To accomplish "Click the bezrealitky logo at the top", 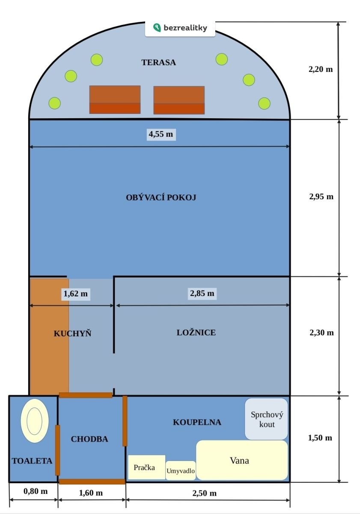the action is click(x=180, y=28).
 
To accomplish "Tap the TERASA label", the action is click(x=158, y=63).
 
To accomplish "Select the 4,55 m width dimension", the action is click(x=161, y=134).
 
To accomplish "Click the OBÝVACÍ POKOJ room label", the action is click(x=161, y=197).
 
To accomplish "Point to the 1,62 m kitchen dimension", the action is click(x=75, y=294).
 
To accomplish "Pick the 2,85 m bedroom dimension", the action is click(x=202, y=293).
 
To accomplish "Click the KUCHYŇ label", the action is click(x=72, y=333).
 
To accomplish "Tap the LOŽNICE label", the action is click(x=196, y=332).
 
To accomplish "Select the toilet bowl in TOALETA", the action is click(x=35, y=420).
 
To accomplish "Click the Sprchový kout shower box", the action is click(x=266, y=419).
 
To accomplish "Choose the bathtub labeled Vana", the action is click(x=242, y=460).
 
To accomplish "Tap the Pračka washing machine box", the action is click(x=146, y=467).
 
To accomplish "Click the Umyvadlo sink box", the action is click(x=181, y=471).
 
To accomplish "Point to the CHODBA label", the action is click(x=89, y=439).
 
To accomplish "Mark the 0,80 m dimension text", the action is click(x=36, y=491).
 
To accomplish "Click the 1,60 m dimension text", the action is click(x=91, y=493).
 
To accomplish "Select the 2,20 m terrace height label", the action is click(x=321, y=69).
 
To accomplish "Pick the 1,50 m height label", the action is click(x=320, y=438).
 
